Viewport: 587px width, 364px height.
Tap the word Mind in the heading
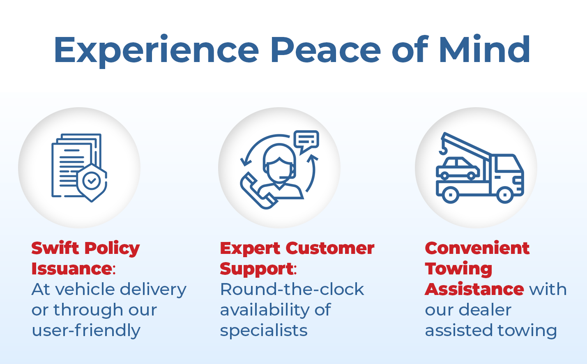[x=485, y=49]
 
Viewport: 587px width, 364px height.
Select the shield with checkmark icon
[x=92, y=183]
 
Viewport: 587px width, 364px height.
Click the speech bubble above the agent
[x=306, y=141]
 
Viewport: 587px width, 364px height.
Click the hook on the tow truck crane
[x=443, y=150]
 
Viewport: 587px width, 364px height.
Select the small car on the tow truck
[x=458, y=168]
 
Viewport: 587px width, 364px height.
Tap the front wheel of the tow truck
[x=505, y=195]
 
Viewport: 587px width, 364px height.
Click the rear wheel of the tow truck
[x=451, y=195]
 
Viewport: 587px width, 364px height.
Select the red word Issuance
[x=72, y=269]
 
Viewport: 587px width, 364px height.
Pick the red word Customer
[x=330, y=248]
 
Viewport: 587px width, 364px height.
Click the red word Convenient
[x=477, y=248]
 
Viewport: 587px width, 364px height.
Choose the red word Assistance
[x=474, y=289]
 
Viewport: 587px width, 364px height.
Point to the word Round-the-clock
[x=292, y=289]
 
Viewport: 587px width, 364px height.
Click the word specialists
[x=264, y=330]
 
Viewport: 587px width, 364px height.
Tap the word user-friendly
[x=86, y=330]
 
